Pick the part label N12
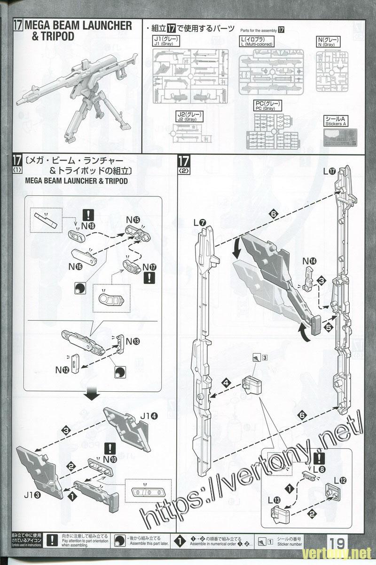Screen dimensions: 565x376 tap(63, 370)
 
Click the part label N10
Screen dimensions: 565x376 tap(110, 459)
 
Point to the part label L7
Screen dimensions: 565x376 tap(199, 221)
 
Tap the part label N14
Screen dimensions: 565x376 tap(309, 261)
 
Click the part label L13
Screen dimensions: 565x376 tap(275, 500)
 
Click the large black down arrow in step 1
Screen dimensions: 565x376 tap(92, 394)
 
